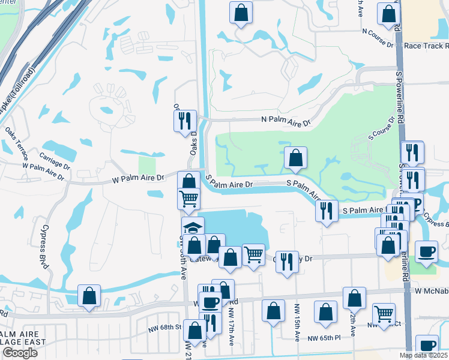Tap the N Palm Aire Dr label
286,121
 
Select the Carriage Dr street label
55,156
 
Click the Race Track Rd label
425,45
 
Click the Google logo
20,353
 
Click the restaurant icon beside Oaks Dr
185,120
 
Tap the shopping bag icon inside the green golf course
295,158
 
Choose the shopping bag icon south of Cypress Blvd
89,296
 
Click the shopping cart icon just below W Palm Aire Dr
189,197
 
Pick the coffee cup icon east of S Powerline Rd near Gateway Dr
426,251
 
